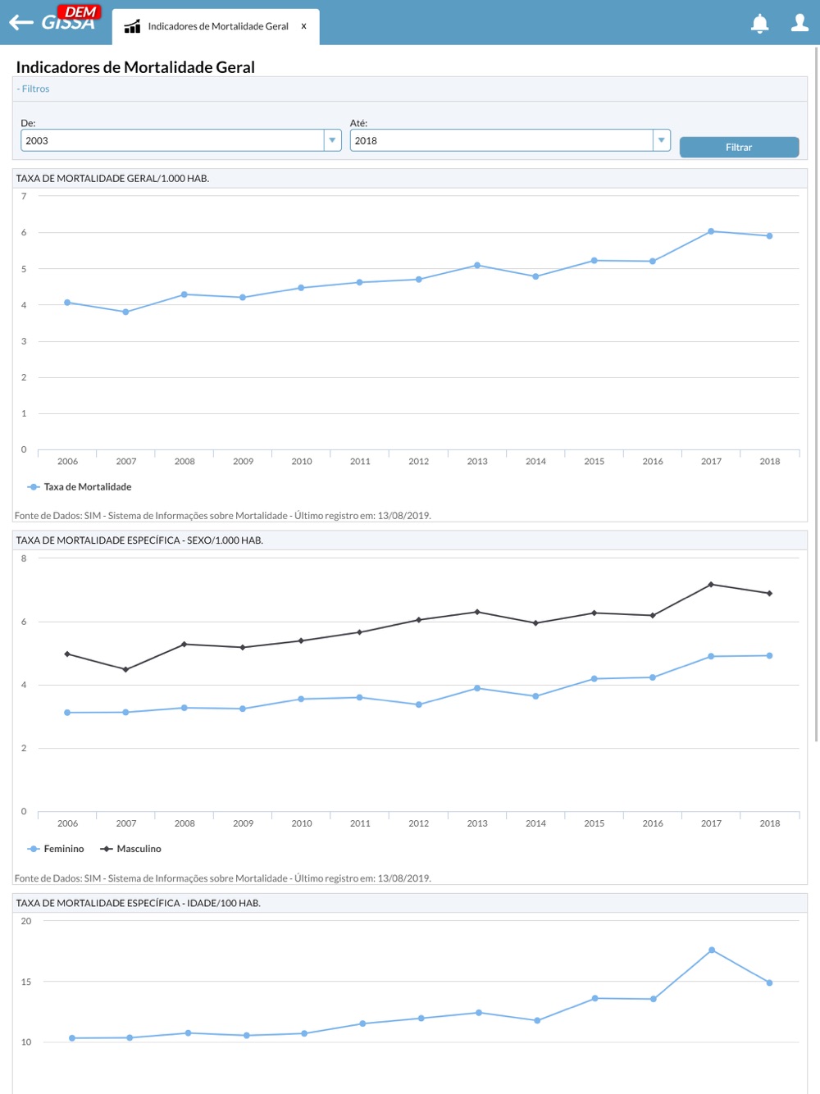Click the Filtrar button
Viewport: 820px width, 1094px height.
[739, 148]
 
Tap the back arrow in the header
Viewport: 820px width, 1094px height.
[20, 23]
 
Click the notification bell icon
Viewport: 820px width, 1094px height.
[760, 24]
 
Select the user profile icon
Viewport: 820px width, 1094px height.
[799, 23]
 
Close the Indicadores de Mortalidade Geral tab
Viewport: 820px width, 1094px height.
[303, 26]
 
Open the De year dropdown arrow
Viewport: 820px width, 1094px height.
[332, 140]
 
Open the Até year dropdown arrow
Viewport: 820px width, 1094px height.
[661, 140]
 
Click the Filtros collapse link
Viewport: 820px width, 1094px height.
[34, 89]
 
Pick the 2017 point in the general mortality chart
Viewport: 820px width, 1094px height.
[711, 231]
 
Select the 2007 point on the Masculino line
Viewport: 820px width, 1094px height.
[125, 669]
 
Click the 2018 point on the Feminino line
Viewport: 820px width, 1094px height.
[769, 655]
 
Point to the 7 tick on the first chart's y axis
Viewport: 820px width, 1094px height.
[24, 197]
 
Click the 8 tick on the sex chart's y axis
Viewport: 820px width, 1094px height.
[24, 558]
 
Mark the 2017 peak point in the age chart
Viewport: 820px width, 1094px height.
[712, 950]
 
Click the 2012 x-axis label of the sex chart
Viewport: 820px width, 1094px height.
[418, 823]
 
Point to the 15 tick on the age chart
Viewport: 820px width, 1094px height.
[26, 982]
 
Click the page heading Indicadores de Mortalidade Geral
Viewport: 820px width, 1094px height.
[135, 67]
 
